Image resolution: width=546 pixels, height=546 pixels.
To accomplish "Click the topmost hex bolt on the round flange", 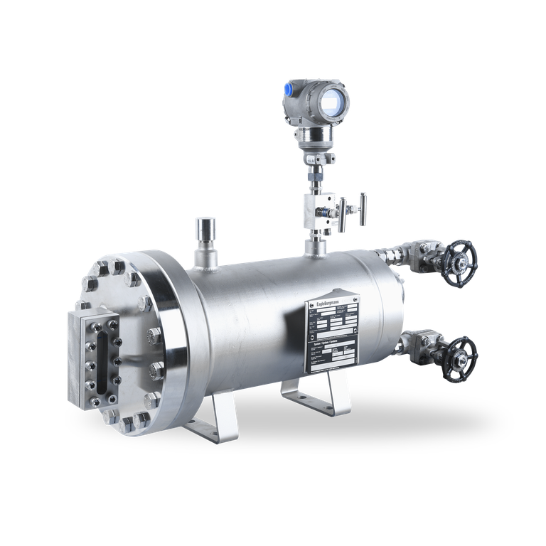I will point(117,265).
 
